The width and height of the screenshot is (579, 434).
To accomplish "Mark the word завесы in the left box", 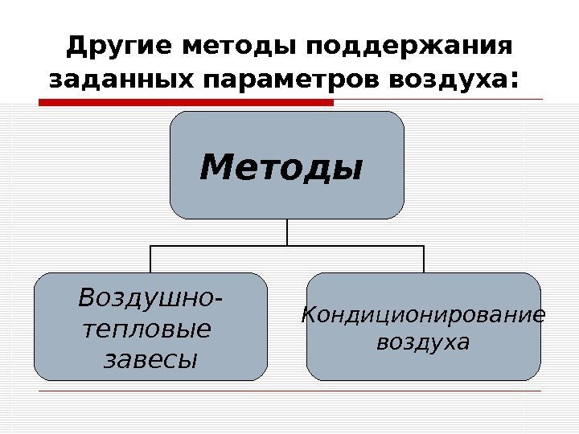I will tap(150, 358).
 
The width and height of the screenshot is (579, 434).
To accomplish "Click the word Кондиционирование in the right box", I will tap(423, 314).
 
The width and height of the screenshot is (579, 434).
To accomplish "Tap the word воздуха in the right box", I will tap(423, 343).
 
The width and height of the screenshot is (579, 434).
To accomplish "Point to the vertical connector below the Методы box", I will tap(287, 231).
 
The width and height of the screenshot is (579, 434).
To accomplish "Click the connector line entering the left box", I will tap(150, 259).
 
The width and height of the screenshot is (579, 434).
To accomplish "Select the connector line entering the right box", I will tap(424, 259).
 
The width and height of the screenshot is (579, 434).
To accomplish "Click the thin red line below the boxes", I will tap(289, 391).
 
